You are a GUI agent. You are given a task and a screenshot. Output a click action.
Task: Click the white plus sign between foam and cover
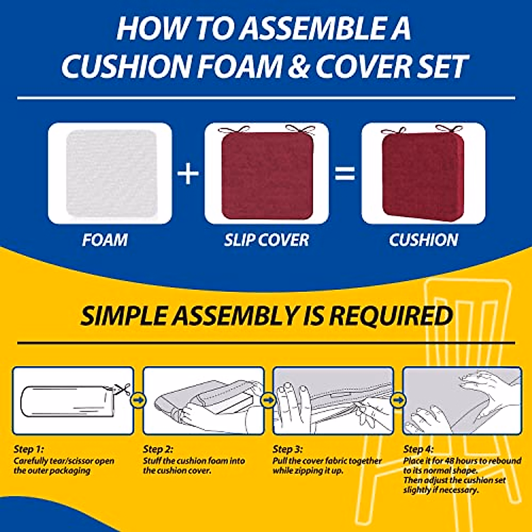coord(188,173)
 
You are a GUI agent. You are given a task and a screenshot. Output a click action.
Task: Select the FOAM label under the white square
coord(105,240)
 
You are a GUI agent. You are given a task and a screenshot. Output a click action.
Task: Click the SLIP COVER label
coord(266,240)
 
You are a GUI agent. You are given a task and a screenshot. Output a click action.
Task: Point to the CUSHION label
coord(423,240)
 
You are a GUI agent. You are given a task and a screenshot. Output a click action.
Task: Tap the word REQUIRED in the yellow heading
coord(390,316)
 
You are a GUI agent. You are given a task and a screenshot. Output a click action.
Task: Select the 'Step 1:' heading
coord(29,449)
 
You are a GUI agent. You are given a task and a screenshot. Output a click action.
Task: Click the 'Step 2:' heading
coord(158,449)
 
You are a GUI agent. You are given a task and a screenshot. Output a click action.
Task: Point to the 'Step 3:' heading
coord(288,449)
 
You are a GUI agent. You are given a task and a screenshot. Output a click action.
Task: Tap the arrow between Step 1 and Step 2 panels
coord(138,400)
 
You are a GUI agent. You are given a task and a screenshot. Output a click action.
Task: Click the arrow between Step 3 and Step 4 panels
coord(398,400)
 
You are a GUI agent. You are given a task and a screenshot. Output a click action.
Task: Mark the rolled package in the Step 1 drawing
coord(66,401)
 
